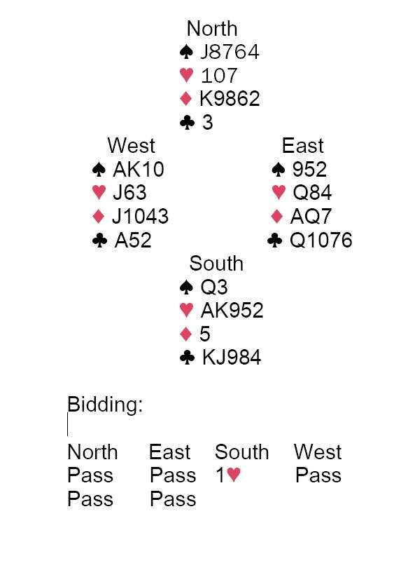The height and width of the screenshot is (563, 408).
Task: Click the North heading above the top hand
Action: (x=212, y=28)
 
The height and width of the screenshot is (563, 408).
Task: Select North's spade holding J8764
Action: (x=230, y=52)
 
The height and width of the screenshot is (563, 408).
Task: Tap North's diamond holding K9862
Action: (x=230, y=98)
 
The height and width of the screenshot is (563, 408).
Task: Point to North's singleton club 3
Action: (x=208, y=123)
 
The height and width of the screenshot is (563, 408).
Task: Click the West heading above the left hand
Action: (x=132, y=145)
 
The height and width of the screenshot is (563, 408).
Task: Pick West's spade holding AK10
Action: (x=139, y=169)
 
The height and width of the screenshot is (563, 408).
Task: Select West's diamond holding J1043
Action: (x=140, y=216)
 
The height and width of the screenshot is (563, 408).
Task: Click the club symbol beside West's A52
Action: (x=99, y=240)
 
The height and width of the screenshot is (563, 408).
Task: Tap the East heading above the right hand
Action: (x=302, y=145)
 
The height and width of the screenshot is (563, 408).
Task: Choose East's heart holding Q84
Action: (x=312, y=192)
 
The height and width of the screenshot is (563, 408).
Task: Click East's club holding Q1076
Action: (x=321, y=240)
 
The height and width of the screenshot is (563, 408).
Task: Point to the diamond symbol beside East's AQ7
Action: (x=277, y=216)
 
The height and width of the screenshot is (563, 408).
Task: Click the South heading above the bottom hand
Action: (x=216, y=263)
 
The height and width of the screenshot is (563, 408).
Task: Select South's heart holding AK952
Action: (x=232, y=310)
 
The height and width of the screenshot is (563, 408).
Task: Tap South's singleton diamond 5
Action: (x=205, y=334)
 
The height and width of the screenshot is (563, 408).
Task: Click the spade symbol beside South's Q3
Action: (x=186, y=287)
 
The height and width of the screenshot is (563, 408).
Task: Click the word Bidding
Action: (x=105, y=405)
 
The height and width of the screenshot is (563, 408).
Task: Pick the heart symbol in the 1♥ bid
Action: (x=234, y=475)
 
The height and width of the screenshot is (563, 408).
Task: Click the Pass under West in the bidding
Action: (x=318, y=475)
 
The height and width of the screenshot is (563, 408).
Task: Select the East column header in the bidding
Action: (x=169, y=452)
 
